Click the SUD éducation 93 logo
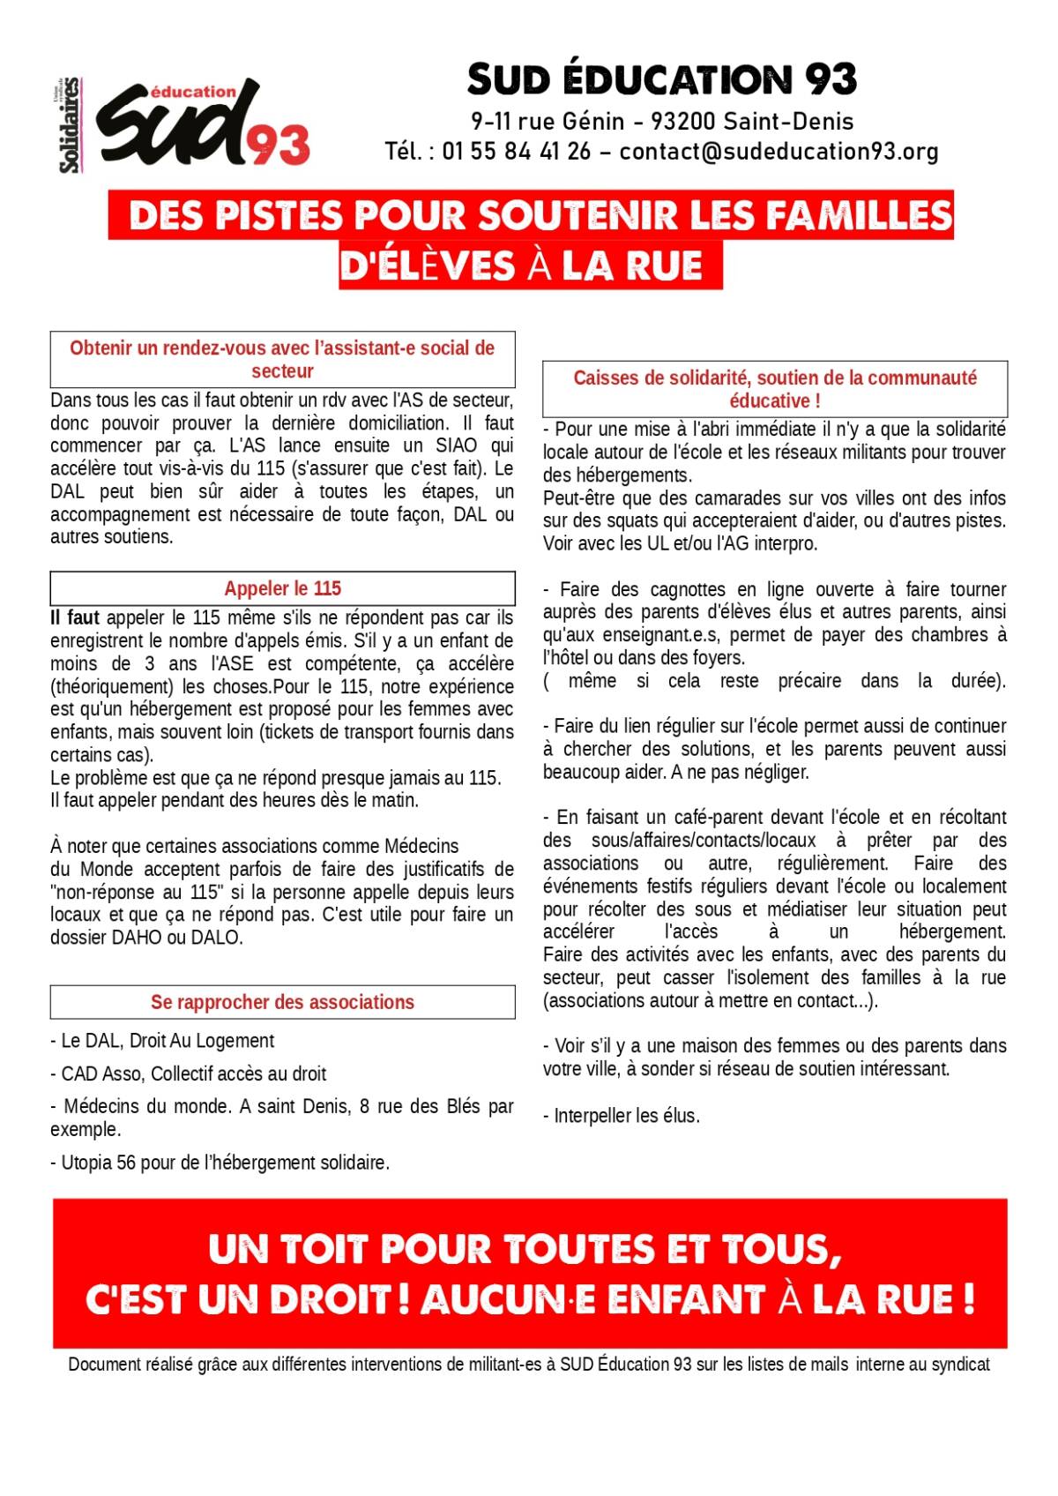pyautogui.click(x=203, y=125)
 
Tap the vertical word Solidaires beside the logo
pyautogui.click(x=69, y=125)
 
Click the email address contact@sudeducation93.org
pyautogui.click(x=779, y=152)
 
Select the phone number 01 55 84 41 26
pyautogui.click(x=517, y=152)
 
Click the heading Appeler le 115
pyautogui.click(x=282, y=588)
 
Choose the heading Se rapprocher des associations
pyautogui.click(x=282, y=1002)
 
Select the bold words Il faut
pyautogui.click(x=75, y=617)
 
